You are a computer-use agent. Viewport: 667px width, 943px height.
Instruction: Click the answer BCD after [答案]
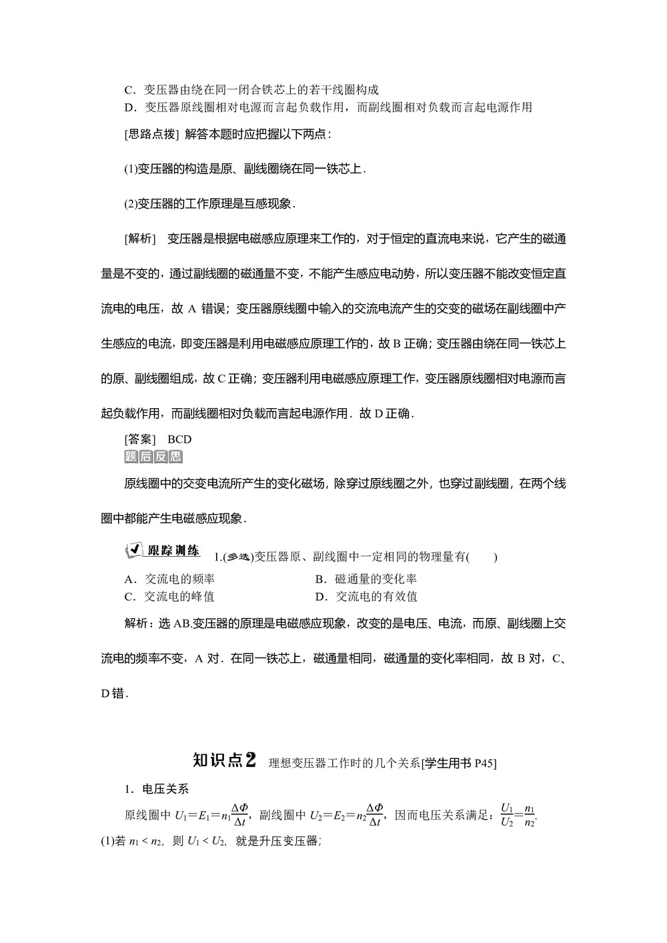179,439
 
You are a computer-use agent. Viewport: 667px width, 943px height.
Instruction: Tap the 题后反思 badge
153,456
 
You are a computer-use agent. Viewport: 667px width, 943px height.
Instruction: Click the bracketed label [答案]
139,439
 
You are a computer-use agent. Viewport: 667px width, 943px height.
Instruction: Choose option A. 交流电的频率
169,580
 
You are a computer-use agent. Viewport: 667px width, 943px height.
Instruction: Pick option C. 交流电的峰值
169,597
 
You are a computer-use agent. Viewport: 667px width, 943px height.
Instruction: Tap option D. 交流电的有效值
366,597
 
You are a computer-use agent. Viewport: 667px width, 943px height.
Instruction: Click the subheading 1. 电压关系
157,789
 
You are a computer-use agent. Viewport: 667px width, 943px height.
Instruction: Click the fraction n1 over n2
530,815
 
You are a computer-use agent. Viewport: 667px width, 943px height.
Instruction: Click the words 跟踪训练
173,550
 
